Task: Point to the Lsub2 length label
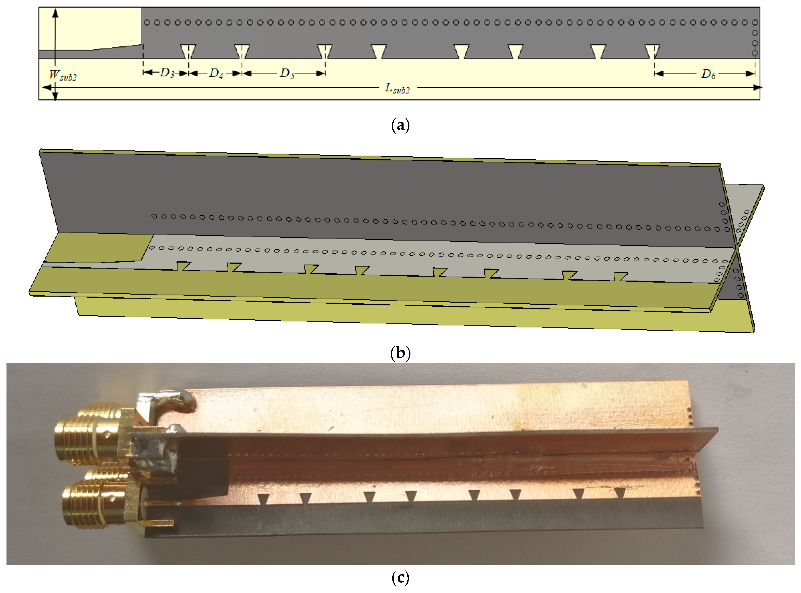[397, 88]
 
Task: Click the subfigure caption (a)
[400, 126]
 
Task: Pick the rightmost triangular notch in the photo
[620, 493]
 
